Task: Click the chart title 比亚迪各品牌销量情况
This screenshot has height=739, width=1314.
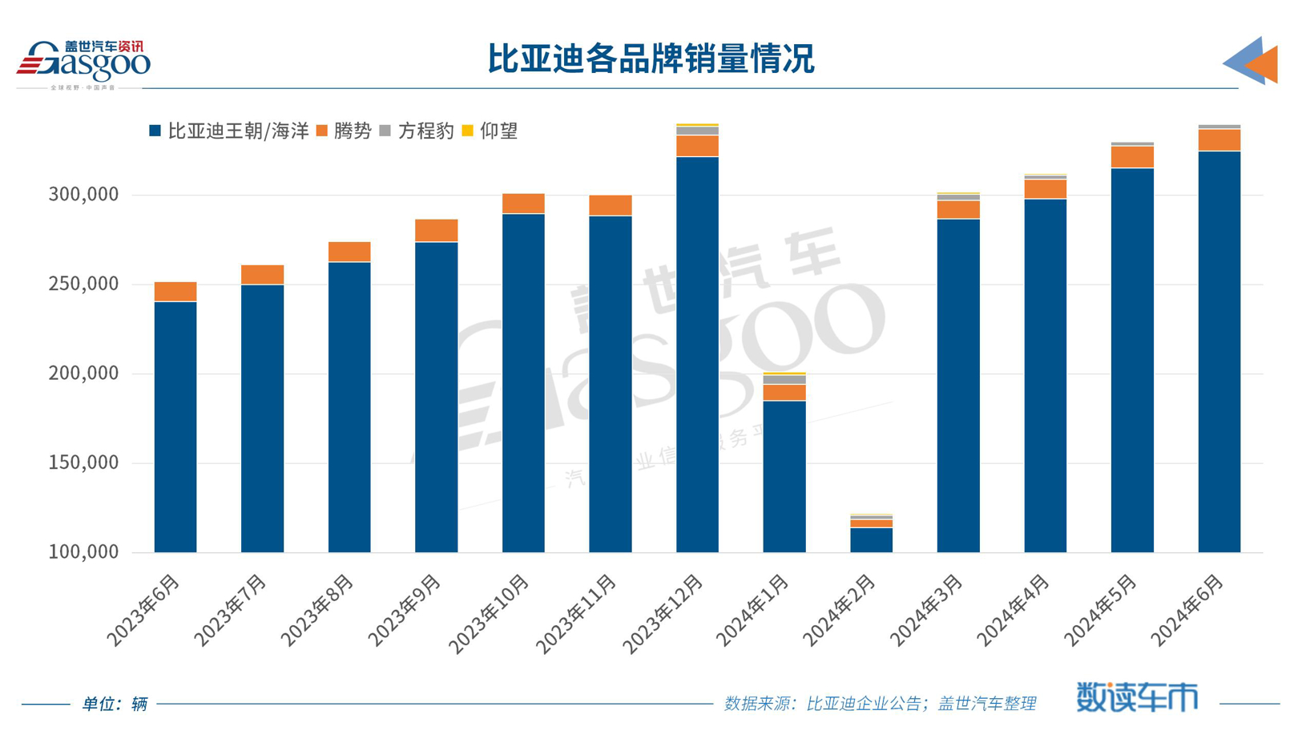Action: pos(651,59)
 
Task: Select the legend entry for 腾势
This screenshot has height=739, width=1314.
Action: pos(345,131)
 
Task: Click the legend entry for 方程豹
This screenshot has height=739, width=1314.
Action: pos(417,131)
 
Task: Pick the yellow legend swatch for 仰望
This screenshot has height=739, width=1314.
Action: pos(468,131)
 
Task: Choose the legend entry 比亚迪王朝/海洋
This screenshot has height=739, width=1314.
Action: pos(229,131)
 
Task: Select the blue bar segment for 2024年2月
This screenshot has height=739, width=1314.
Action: pos(871,539)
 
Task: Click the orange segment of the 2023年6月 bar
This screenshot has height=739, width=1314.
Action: pos(175,292)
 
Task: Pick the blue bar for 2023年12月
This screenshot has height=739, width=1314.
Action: pos(697,353)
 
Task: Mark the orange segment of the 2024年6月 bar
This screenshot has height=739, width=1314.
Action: pos(1219,140)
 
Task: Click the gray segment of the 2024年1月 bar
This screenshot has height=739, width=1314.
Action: pos(784,380)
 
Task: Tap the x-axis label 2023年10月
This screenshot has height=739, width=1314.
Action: pos(490,613)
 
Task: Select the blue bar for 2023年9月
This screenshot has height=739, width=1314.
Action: pos(437,397)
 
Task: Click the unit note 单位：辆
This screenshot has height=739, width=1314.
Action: pos(115,704)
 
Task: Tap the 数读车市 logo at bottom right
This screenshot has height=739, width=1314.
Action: pos(1136,697)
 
